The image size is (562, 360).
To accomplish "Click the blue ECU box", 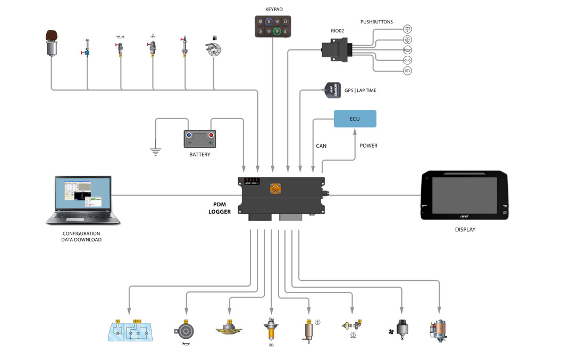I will [x=355, y=119].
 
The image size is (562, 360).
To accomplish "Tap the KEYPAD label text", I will [x=274, y=10].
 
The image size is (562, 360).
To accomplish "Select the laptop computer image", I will [x=83, y=200].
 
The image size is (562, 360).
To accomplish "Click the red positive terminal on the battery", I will [x=211, y=136].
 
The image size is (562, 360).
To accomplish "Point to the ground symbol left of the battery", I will [x=155, y=151].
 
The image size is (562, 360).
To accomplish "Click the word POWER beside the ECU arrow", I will [x=368, y=146].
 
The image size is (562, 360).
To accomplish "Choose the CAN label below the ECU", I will [x=321, y=146].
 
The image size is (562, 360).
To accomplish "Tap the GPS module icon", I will [x=332, y=90].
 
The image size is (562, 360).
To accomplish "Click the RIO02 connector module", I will [x=335, y=49].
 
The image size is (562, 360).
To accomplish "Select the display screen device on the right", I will [x=464, y=195].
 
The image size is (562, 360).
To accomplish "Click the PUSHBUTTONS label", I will [x=376, y=22].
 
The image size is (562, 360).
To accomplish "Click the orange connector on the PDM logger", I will [x=275, y=188].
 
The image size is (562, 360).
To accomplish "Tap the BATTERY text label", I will [x=200, y=155].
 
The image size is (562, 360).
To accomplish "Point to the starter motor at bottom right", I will [x=439, y=330].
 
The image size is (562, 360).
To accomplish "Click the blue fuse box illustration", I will [x=130, y=331].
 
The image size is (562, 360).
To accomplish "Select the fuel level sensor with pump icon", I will [x=213, y=49].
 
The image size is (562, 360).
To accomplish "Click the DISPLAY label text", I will [x=465, y=230].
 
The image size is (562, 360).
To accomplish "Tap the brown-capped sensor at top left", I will [x=52, y=44].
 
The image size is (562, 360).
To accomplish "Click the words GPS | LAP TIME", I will [x=360, y=90].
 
